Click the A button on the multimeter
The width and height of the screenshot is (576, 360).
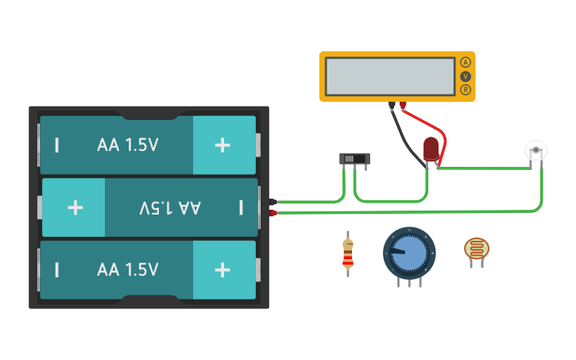(x=466, y=62)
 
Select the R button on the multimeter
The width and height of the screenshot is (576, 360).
(x=466, y=90)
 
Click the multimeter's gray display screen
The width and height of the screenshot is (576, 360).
(x=390, y=76)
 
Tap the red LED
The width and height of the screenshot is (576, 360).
(x=431, y=149)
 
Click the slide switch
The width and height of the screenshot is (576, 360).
(x=354, y=159)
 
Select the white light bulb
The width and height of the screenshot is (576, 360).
(x=537, y=150)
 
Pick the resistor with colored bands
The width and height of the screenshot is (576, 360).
(x=347, y=254)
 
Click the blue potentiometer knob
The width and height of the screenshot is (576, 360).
(x=409, y=253)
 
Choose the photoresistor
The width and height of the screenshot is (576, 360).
(x=477, y=250)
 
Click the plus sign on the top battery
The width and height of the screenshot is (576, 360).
(x=222, y=145)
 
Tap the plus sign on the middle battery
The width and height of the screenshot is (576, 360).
(x=75, y=207)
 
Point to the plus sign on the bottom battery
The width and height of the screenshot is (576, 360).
(x=222, y=269)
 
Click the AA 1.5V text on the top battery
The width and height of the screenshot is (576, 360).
(x=128, y=145)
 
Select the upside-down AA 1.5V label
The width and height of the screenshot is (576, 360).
(x=170, y=207)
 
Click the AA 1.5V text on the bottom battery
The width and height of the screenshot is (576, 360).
(x=128, y=269)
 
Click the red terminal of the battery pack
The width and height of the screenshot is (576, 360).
(x=273, y=213)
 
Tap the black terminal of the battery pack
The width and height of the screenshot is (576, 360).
(x=273, y=202)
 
